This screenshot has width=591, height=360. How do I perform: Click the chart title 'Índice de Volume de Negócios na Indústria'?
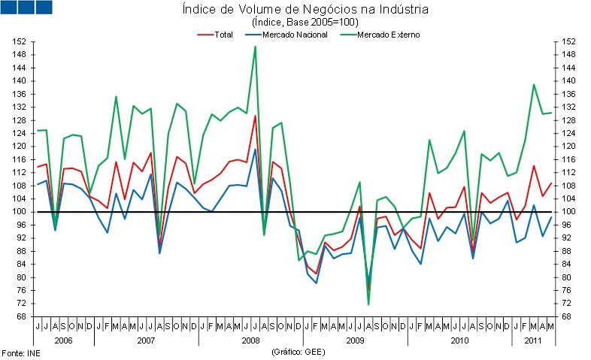coord(305,10)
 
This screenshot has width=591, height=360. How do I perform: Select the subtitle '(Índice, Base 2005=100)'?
coord(305,23)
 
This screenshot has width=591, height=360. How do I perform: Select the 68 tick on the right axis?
coord(570,316)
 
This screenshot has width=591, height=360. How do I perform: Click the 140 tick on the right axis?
coord(570,80)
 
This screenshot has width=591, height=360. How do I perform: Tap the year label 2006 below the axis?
coord(64,340)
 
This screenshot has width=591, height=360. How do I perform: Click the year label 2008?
coord(250,340)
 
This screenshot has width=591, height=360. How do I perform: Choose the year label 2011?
coord(532,340)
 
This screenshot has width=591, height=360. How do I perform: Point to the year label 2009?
coord(355,340)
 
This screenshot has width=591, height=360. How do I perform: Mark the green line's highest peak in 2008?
coord(255,47)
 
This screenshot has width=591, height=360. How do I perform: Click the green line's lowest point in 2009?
coord(369,304)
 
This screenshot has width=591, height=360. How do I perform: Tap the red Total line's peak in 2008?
coord(255,116)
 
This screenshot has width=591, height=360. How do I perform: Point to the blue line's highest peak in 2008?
coord(255,149)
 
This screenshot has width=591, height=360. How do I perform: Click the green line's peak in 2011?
coord(533,85)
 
